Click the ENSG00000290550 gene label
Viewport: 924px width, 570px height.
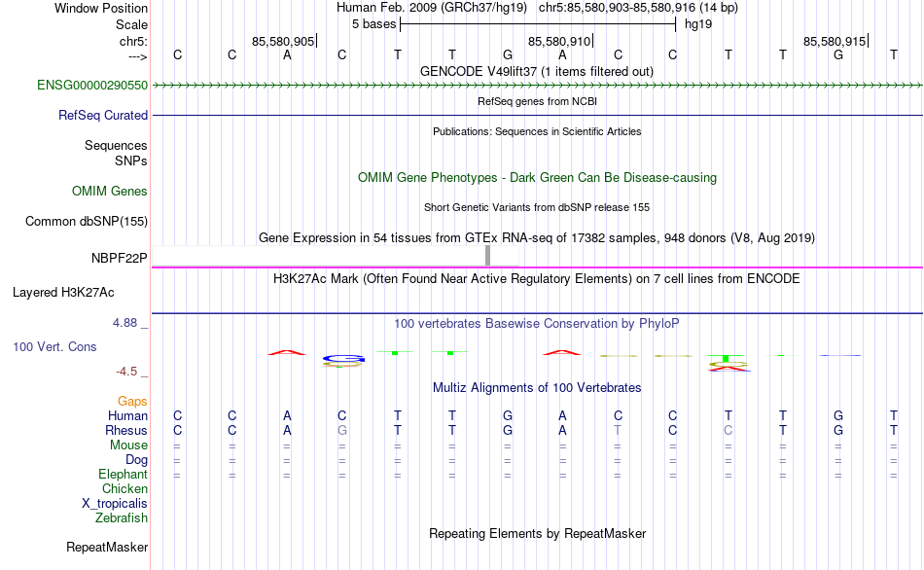[92, 86]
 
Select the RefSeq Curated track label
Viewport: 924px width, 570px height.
[103, 115]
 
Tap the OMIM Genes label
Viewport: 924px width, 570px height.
[110, 191]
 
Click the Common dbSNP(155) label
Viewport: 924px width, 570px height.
[87, 221]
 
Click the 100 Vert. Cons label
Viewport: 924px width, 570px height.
[54, 346]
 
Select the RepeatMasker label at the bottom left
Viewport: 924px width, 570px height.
[107, 548]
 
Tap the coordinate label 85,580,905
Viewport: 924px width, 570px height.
[283, 42]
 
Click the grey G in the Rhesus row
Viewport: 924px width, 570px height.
[341, 430]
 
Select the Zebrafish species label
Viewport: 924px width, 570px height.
[122, 518]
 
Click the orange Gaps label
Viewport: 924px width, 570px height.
[132, 401]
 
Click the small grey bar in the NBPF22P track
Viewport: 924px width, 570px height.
[487, 255]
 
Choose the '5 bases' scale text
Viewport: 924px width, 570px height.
[373, 23]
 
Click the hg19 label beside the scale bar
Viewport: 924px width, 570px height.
[698, 23]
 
